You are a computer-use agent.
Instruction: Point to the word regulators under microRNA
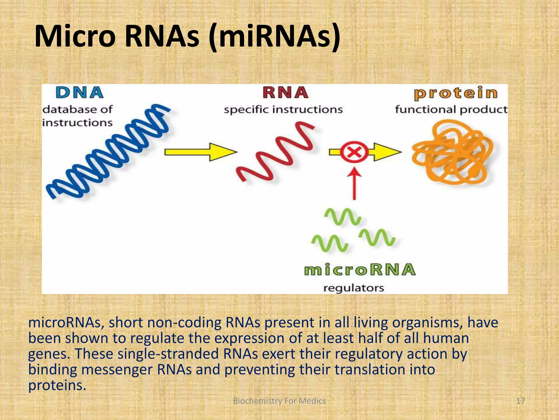pos(353,288)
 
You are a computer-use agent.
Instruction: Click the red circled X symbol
pos(354,152)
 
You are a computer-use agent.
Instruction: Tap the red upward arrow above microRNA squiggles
pos(354,183)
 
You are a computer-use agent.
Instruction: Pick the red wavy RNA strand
pos(276,153)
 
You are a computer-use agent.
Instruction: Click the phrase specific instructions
pos(283,110)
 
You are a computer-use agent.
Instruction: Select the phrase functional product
pos(451,110)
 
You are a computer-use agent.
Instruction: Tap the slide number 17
pos(521,401)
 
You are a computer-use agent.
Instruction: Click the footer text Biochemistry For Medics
pos(279,401)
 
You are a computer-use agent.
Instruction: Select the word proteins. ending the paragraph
pos(57,385)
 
